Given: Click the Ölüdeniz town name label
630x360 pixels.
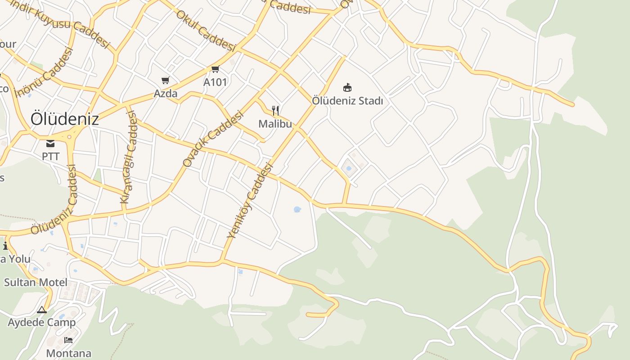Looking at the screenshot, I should coord(65,119).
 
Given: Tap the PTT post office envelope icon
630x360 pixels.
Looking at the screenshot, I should coord(50,144).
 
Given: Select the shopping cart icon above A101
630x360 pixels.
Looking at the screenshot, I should coord(215,69).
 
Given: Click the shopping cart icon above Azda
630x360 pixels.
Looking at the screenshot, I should coord(166,81).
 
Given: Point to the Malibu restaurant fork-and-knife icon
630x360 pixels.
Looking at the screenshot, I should coord(275,110).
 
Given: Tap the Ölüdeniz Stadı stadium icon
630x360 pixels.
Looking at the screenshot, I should coord(347,87).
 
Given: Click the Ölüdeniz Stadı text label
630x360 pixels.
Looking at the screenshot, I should coord(347,101).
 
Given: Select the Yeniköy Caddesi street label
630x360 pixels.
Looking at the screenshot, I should coord(250,201).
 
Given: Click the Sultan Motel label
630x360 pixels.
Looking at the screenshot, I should coord(36,283).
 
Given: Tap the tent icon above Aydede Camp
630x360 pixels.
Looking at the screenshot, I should coord(42,310).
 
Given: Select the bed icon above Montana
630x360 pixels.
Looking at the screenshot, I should coord(68,340).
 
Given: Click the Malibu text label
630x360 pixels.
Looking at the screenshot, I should coord(275,124).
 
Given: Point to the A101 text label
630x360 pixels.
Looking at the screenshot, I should coord(215,82).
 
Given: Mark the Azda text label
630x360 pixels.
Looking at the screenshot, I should coord(166,94).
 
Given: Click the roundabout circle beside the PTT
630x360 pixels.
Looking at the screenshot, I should coord(69,136).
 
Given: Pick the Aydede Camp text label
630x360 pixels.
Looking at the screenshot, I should coord(42,323).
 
